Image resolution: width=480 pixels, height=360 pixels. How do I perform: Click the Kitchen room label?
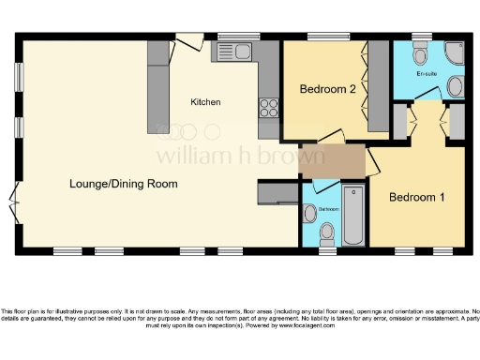click(205, 101)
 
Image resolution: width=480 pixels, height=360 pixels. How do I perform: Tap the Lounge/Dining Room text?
click(124, 184)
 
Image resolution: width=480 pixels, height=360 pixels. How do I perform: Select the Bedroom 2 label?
click(327, 90)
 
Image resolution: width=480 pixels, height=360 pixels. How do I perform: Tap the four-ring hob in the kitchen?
click(268, 107)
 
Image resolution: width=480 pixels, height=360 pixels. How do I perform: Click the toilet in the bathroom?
click(327, 231)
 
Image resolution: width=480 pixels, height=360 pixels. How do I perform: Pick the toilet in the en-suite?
click(419, 53)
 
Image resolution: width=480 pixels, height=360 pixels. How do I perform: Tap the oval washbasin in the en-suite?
click(456, 87)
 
